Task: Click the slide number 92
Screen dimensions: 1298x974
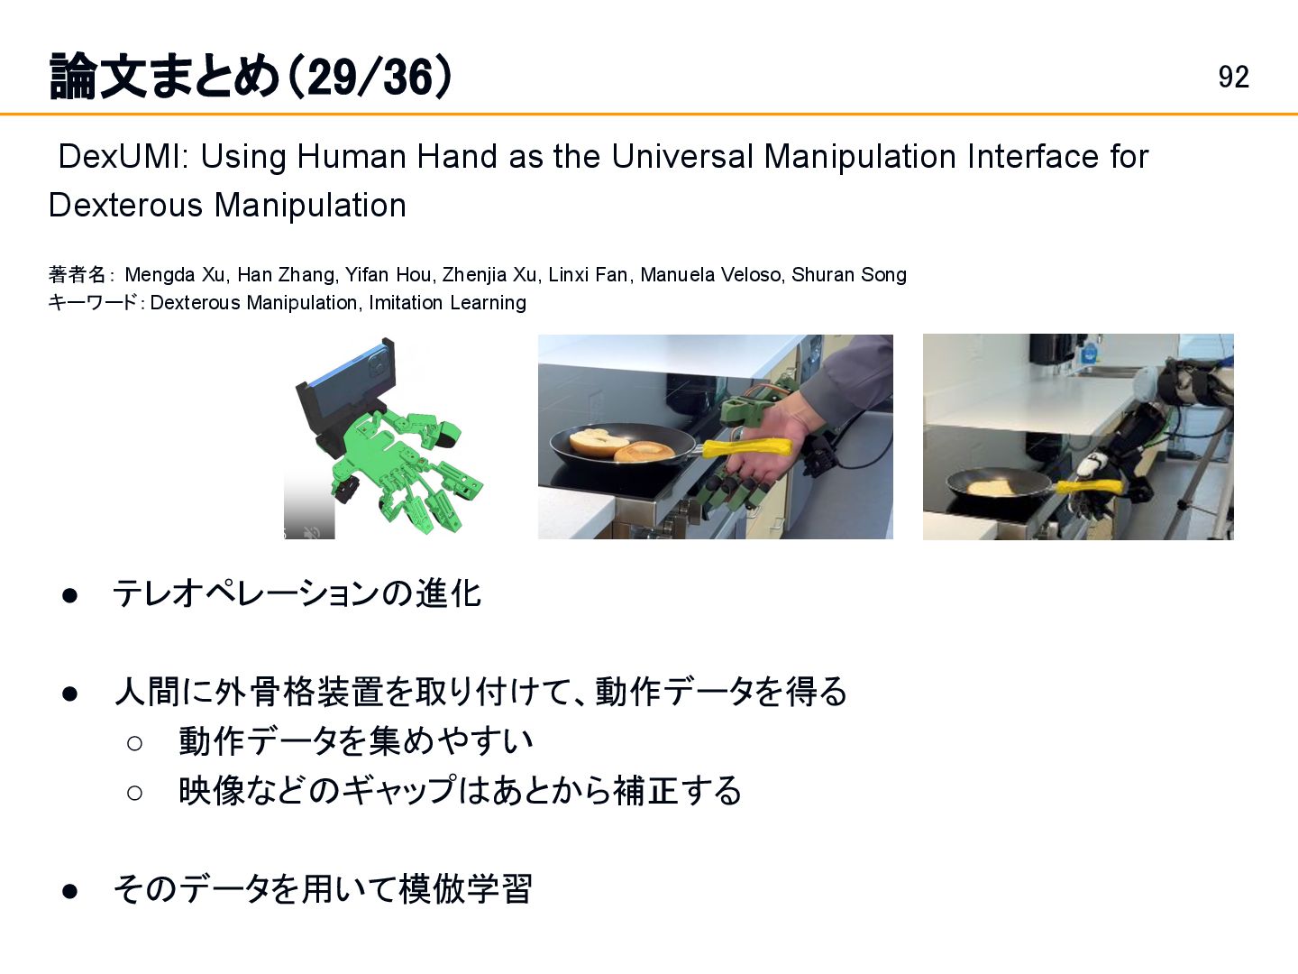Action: (1233, 77)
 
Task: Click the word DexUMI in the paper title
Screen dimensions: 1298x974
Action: (120, 157)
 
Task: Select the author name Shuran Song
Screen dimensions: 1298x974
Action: (848, 274)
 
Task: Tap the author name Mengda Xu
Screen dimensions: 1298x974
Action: (176, 274)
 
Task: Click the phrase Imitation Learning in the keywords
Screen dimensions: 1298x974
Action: (447, 303)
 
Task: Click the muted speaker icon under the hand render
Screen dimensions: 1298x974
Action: (312, 533)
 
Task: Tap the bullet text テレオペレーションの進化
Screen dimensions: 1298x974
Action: (297, 593)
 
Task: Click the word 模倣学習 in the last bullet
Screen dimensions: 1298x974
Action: (465, 889)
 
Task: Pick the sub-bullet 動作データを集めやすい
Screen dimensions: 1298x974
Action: (355, 741)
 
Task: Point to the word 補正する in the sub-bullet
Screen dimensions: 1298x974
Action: (677, 791)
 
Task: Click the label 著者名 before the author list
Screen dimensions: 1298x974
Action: (77, 274)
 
